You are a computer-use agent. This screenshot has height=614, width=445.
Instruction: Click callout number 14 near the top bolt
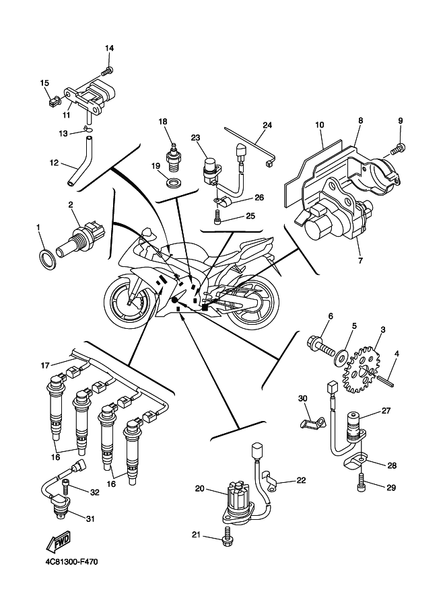(110, 48)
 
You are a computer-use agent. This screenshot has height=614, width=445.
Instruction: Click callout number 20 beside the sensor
(199, 489)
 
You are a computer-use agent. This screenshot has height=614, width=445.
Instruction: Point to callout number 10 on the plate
(319, 125)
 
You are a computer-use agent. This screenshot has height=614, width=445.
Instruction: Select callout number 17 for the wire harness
(45, 365)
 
